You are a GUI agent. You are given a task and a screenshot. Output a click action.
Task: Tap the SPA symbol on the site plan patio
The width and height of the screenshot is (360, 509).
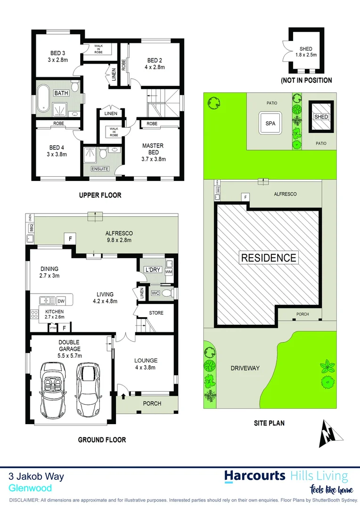[270, 123]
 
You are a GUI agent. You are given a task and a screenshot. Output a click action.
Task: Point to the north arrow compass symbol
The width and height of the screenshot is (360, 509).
[329, 434]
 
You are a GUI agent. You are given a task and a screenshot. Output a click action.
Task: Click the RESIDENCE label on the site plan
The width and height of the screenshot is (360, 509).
[269, 258]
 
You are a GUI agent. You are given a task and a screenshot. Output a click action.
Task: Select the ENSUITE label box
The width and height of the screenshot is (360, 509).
[100, 169]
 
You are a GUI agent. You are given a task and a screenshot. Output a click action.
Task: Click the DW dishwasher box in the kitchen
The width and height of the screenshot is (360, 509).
[61, 301]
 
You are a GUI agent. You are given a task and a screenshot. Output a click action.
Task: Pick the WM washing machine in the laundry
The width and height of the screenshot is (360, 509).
[169, 272]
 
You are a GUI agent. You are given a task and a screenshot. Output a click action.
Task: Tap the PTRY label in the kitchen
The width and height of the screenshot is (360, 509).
[54, 326]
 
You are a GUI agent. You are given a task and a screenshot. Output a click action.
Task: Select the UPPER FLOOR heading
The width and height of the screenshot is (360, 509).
[100, 195]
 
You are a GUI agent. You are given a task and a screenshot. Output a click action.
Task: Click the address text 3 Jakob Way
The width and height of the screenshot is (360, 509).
[36, 476]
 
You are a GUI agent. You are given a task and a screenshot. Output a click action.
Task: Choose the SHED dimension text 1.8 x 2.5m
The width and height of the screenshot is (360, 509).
[305, 55]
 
